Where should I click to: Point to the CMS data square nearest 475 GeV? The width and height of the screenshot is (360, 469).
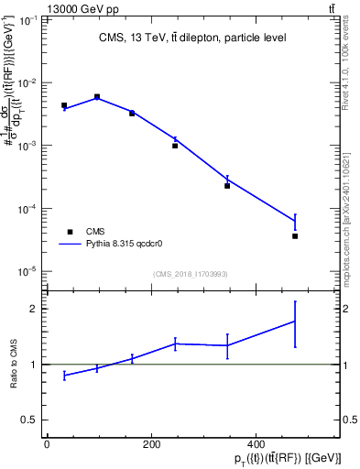(x=295, y=236)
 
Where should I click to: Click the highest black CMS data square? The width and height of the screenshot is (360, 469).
(x=97, y=96)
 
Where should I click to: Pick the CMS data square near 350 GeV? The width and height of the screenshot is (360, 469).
(x=227, y=186)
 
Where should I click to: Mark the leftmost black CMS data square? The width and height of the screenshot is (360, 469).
(x=64, y=105)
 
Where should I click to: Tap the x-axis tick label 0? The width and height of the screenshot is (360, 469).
(x=47, y=444)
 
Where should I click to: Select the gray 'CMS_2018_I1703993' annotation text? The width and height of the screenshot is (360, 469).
(x=190, y=273)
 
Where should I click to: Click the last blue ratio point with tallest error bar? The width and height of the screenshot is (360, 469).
(x=295, y=321)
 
